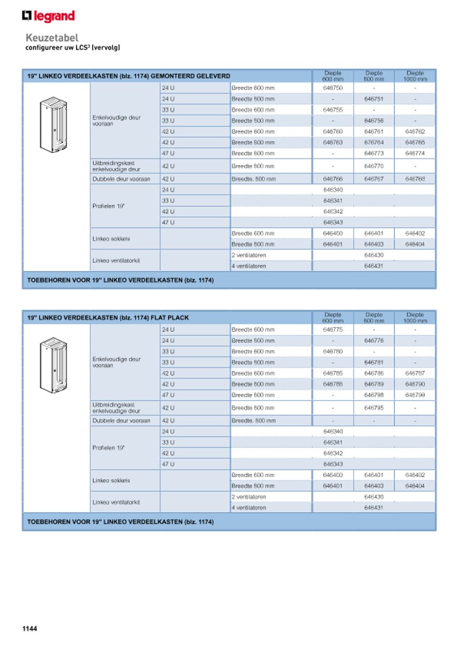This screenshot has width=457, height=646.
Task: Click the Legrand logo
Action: [48, 16]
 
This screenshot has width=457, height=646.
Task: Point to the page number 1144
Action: [30, 628]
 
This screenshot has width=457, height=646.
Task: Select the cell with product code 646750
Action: [333, 88]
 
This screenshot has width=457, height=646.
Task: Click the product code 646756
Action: [374, 121]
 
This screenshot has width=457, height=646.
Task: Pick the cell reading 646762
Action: [415, 131]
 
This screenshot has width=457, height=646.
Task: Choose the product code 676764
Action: [374, 142]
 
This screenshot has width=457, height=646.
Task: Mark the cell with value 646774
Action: [415, 153]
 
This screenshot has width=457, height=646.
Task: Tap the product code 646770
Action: [374, 166]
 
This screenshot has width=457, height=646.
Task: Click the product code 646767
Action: [374, 179]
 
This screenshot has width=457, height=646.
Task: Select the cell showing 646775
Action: [333, 329]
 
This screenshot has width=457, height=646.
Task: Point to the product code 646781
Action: [374, 362]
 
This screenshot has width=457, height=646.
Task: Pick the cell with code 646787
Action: [415, 373]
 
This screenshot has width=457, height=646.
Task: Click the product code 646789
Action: [374, 384]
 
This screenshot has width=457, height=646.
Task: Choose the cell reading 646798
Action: [374, 395]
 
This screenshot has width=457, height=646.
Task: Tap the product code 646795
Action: [374, 408]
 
